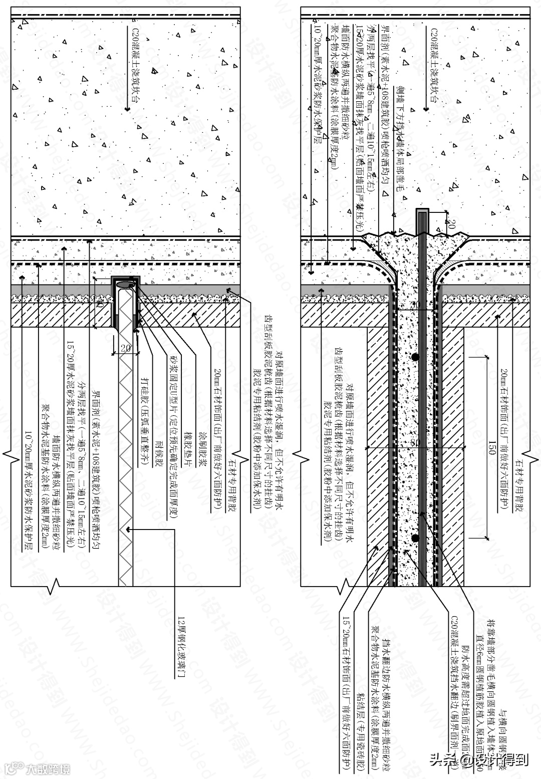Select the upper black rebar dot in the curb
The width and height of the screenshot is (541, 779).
point(415,357)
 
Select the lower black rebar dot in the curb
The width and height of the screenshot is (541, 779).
point(415,538)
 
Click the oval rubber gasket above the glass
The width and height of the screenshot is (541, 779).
point(125,284)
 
